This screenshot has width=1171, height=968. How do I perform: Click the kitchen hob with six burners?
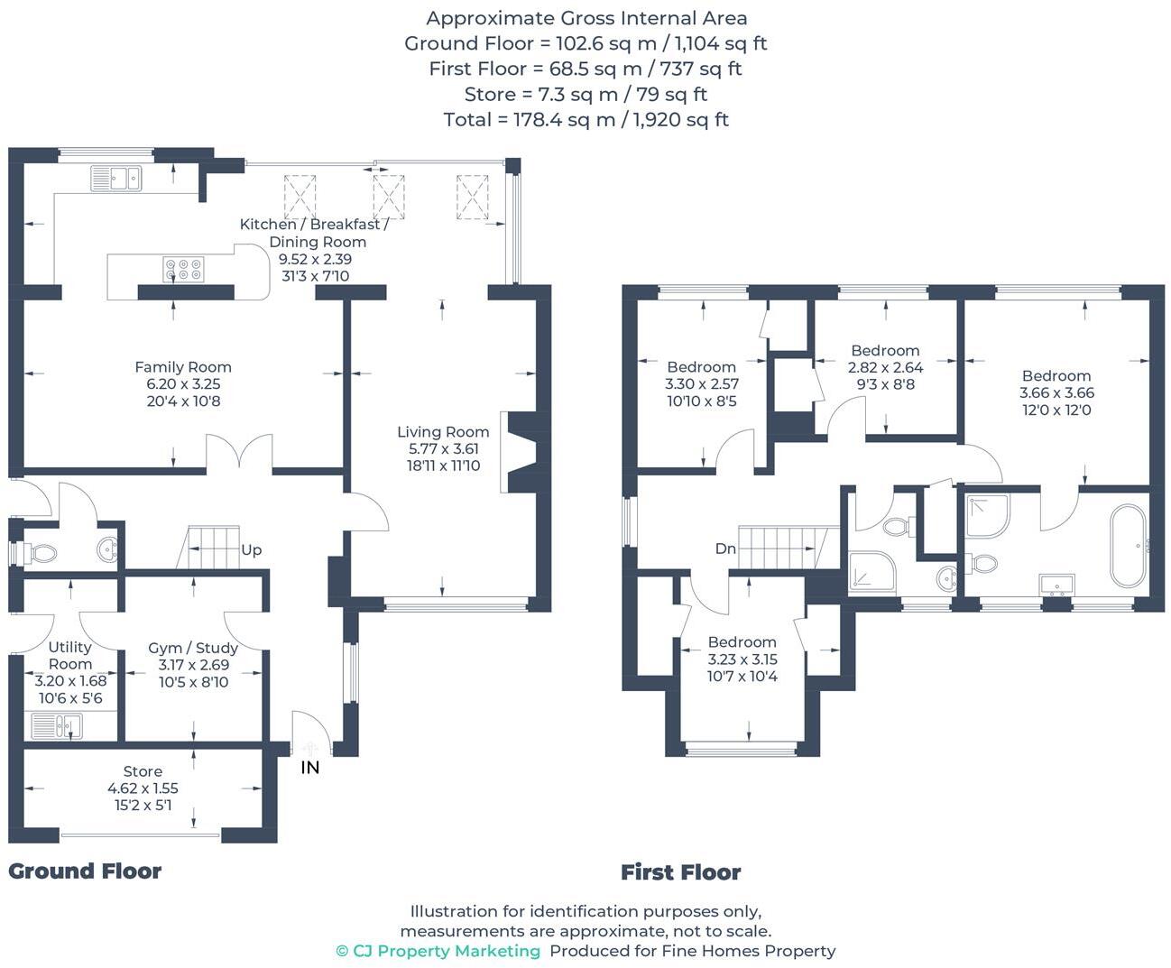[x=183, y=269]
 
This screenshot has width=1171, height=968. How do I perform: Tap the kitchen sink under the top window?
[x=116, y=178]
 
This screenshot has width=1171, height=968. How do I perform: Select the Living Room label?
[x=443, y=432]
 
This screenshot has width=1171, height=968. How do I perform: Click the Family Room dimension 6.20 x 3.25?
[x=183, y=383]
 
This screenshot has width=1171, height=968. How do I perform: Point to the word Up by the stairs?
[x=251, y=549]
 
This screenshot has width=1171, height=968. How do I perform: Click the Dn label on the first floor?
[x=725, y=549]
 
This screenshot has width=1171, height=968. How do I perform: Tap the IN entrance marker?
[x=309, y=768]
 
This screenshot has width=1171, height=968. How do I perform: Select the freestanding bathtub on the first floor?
[x=1128, y=546]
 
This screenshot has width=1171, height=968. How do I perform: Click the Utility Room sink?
[x=56, y=725]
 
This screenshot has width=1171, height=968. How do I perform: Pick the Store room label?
[x=143, y=771]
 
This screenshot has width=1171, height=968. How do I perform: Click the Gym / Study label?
[x=193, y=648]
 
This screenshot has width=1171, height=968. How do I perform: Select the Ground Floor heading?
[x=85, y=871]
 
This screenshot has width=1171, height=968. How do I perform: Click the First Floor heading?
[x=680, y=872]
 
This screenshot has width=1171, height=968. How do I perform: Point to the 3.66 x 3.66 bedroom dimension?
[x=1056, y=392]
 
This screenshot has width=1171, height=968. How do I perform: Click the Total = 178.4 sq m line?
[x=585, y=119]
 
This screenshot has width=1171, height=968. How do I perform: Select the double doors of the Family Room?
[x=239, y=452]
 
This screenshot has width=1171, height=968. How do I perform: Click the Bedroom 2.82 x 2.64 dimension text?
[x=885, y=367]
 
